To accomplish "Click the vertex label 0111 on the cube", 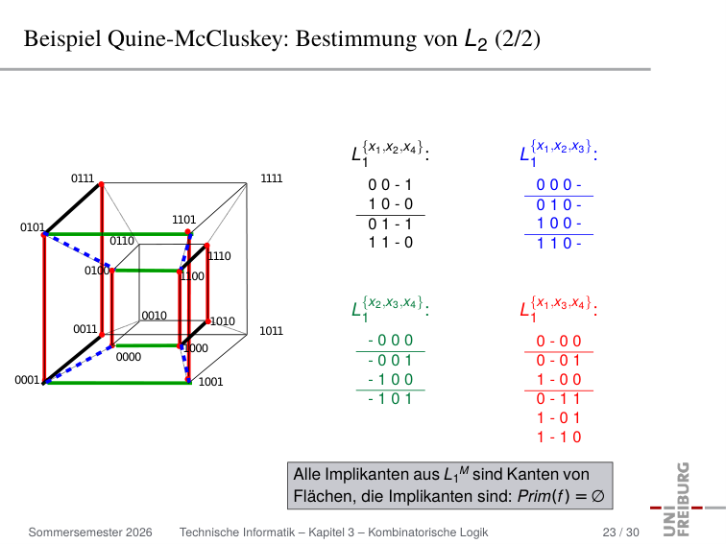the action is pos(83,178).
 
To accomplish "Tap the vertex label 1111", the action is pos(272,178).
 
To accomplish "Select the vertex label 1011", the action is pos(271,331).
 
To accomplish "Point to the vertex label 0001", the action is pos(27,380).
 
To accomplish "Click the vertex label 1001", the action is pos(210,382).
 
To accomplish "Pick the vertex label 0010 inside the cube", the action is pos(155,316).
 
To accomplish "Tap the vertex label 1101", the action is pos(183,220).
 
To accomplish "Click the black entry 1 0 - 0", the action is pos(390,204).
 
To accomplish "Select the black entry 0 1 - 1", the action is pos(390,225).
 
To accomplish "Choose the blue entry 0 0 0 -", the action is pos(559,185).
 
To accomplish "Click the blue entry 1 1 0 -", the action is pos(559,244).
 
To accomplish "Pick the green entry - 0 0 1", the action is pos(390,360).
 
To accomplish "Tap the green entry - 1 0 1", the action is pos(390,398).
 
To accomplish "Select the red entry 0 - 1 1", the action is pos(559,399).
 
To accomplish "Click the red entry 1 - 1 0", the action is pos(559,438).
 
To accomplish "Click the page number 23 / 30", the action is pos(621,532).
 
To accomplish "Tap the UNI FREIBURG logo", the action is pos(688,500).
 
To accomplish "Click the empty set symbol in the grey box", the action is pos(597,496).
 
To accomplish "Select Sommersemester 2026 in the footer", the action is pos(90,532).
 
